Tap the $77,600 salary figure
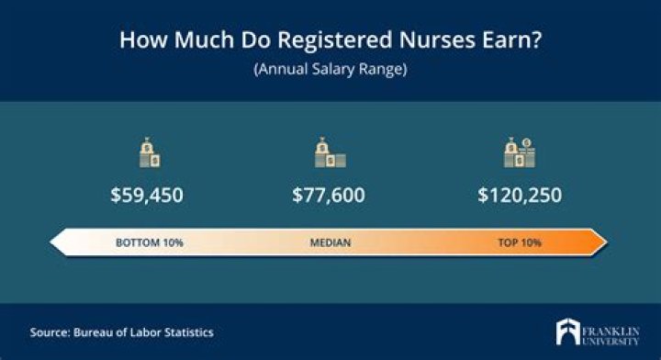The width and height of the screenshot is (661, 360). pos(329,196)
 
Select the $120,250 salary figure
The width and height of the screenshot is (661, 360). pos(520,196)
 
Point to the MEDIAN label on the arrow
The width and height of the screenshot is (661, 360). pos(329,243)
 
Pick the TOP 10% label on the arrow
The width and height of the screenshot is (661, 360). pos(520,243)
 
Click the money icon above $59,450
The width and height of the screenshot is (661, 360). pos(149,153)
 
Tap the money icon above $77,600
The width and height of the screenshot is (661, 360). pos(329,153)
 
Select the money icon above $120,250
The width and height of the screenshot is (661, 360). pos(519,153)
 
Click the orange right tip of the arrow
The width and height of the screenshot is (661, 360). pos(599,243)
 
